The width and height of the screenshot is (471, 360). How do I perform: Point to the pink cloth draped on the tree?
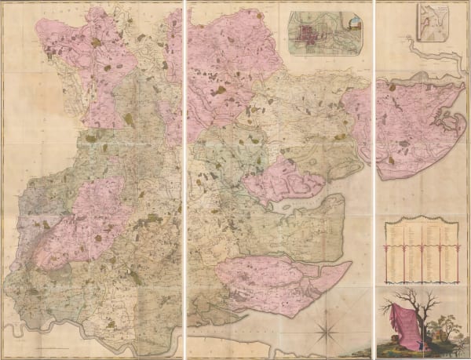point(410,322)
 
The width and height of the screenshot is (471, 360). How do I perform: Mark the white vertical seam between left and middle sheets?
point(184,180)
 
